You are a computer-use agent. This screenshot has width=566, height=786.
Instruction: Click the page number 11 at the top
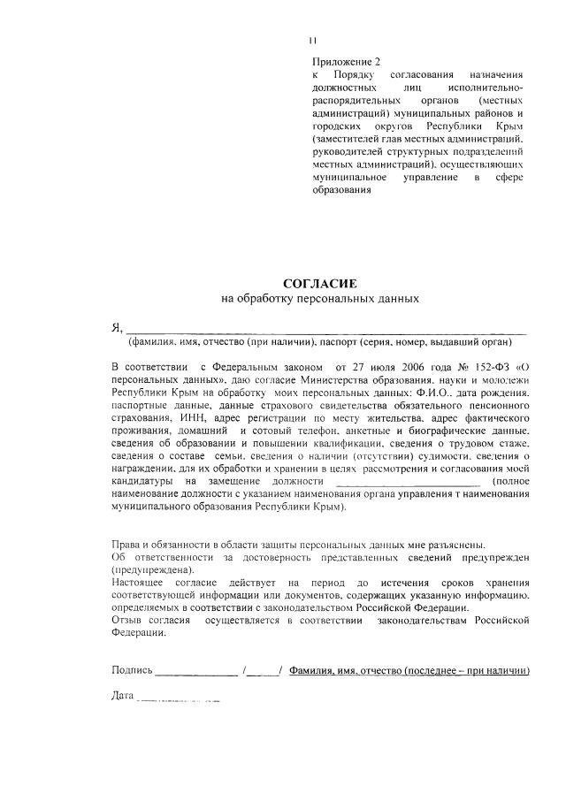(x=312, y=40)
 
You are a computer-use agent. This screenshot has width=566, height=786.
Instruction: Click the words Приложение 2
(x=346, y=62)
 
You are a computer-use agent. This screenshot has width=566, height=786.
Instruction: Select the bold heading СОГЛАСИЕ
(x=318, y=283)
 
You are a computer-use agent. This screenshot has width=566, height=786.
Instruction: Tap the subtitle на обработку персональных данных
(x=318, y=299)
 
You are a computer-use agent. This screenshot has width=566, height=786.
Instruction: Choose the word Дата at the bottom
(x=122, y=697)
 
